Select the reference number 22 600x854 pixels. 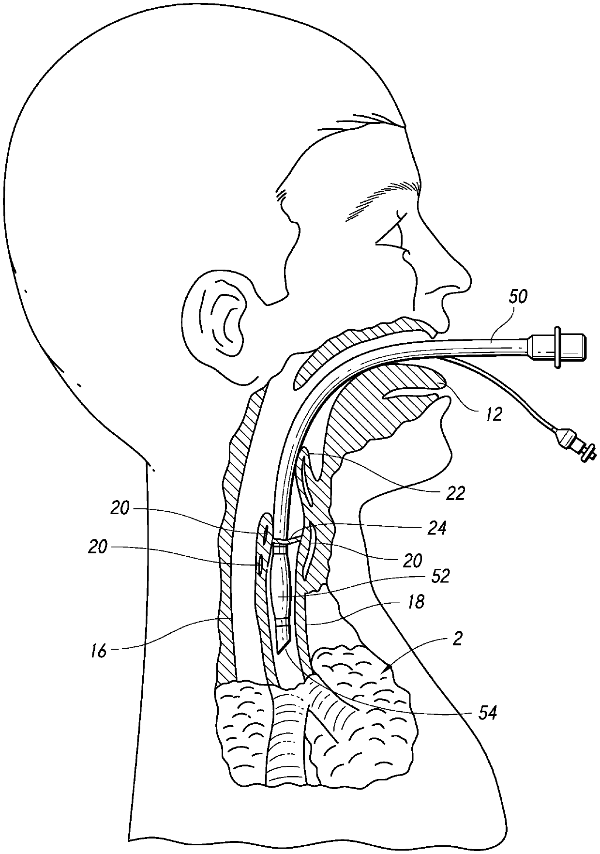point(455,493)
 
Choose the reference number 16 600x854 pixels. point(99,651)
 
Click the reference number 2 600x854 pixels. point(458,640)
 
